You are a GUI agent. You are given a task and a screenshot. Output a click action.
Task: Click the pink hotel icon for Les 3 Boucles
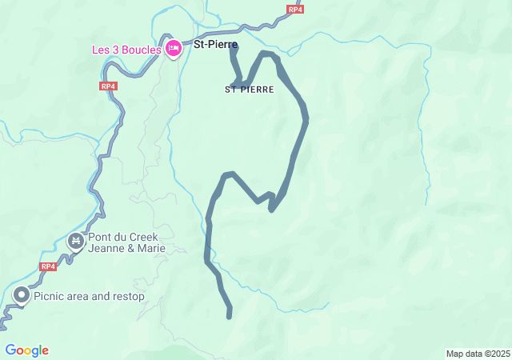click(x=172, y=48)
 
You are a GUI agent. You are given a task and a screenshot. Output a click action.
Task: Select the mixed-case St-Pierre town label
click(x=215, y=45)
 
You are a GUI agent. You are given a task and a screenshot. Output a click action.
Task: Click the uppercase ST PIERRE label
click(x=250, y=90)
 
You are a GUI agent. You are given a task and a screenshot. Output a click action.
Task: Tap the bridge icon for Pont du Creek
click(x=76, y=240)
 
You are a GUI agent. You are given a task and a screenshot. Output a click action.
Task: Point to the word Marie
click(x=150, y=249)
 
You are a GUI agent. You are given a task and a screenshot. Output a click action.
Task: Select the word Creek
click(x=144, y=238)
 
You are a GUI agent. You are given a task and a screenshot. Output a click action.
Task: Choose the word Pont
click(x=100, y=238)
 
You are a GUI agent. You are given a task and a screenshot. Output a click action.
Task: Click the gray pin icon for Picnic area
click(x=21, y=296)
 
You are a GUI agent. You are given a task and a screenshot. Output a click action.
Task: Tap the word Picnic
click(x=51, y=297)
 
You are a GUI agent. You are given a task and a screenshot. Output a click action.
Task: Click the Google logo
click(x=26, y=350)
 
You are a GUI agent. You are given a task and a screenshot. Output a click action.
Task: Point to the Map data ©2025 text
click(x=478, y=354)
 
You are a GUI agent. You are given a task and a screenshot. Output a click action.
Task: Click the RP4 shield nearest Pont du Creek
click(x=48, y=266)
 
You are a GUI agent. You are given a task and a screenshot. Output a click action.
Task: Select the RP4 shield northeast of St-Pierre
click(x=295, y=10)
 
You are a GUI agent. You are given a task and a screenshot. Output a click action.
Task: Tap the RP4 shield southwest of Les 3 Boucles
click(x=109, y=86)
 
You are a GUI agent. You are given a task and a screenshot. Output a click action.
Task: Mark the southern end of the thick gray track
click(x=230, y=316)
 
